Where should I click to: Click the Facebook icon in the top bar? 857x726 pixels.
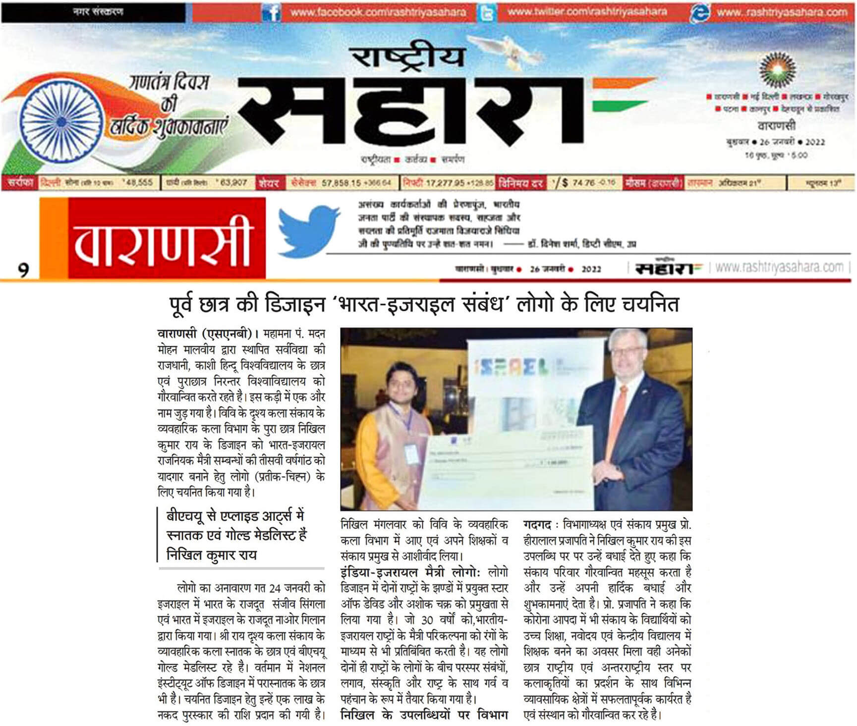(x=272, y=12)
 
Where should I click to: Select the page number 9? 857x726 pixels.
(x=23, y=270)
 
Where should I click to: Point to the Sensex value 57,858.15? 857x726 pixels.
(x=342, y=183)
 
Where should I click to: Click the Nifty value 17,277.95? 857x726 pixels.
(x=444, y=183)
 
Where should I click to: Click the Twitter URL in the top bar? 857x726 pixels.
(x=587, y=12)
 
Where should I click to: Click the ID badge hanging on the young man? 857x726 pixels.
(x=410, y=451)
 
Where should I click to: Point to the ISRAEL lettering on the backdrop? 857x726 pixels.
(x=511, y=367)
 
